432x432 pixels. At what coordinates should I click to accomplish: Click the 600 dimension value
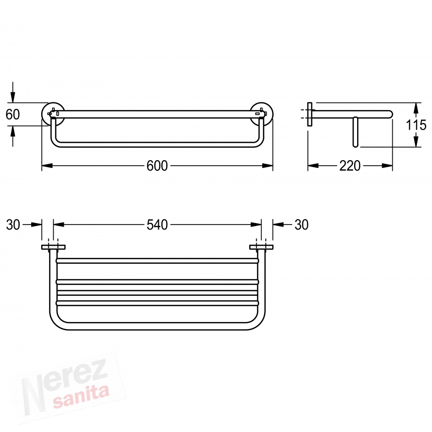157,166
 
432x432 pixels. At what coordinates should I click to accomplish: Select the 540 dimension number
157,225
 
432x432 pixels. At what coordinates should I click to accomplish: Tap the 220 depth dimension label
350,166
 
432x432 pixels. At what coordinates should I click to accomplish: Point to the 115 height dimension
416,125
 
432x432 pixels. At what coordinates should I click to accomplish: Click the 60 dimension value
13,115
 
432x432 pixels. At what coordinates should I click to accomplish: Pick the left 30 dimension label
13,225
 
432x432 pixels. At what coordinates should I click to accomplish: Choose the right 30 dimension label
301,225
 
